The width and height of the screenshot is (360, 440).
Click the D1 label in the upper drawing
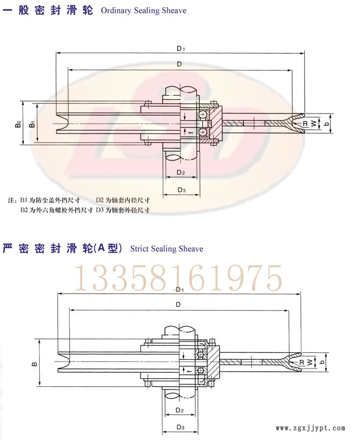pyautogui.click(x=181, y=48)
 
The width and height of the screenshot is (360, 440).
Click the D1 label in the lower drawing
pyautogui.click(x=179, y=289)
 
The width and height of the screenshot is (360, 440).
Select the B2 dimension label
pyautogui.click(x=18, y=124)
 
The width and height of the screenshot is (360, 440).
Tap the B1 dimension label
pyautogui.click(x=32, y=124)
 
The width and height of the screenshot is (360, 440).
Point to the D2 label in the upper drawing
pyautogui.click(x=181, y=172)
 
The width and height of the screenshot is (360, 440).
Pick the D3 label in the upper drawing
pyautogui.click(x=182, y=190)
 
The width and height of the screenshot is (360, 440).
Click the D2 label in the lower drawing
pyautogui.click(x=179, y=410)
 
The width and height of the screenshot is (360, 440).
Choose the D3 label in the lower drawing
pyautogui.click(x=181, y=428)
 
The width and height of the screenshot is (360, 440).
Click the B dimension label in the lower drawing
pyautogui.click(x=34, y=364)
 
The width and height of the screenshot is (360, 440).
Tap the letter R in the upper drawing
pyautogui.click(x=305, y=123)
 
